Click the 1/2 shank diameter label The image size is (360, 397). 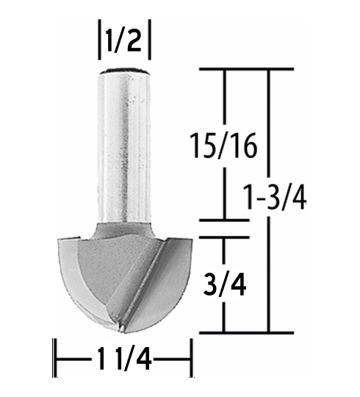tap(123, 40)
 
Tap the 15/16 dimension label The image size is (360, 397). tap(223, 146)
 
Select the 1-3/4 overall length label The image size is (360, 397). tap(274, 196)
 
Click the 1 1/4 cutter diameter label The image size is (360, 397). tap(123, 359)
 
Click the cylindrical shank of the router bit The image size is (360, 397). tap(124, 146)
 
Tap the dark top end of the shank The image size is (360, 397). tap(124, 71)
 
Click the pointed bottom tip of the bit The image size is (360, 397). tap(122, 329)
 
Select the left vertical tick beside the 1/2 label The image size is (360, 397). tap(99, 40)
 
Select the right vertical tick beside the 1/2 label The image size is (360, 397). tap(150, 40)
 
